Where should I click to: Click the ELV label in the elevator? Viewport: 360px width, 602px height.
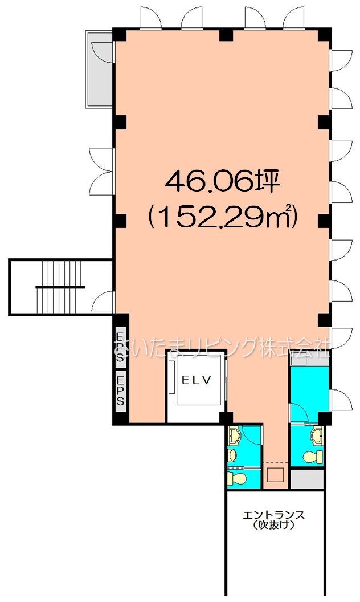point(196,381)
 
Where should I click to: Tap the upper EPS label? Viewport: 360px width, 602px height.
point(120,346)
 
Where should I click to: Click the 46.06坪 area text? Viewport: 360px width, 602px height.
point(220,182)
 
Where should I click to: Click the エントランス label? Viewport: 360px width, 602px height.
point(273,515)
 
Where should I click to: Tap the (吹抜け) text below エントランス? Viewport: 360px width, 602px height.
point(273,526)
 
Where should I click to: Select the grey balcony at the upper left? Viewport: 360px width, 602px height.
point(100,69)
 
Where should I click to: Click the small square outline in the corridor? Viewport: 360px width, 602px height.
point(275,474)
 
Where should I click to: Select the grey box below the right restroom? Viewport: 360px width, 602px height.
point(307,479)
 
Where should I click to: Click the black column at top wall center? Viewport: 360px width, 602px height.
point(227,34)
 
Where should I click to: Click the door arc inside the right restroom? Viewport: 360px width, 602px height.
point(299,413)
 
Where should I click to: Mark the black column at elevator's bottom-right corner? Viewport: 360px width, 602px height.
point(227,418)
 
